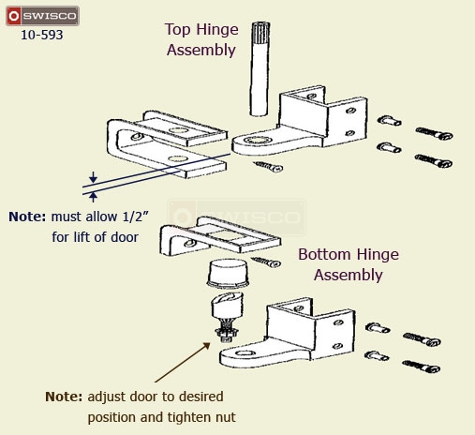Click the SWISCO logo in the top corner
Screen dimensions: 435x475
pyautogui.click(x=40, y=17)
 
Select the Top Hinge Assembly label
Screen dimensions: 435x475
pyautogui.click(x=200, y=40)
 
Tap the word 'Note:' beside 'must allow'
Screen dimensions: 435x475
pyautogui.click(x=26, y=217)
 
